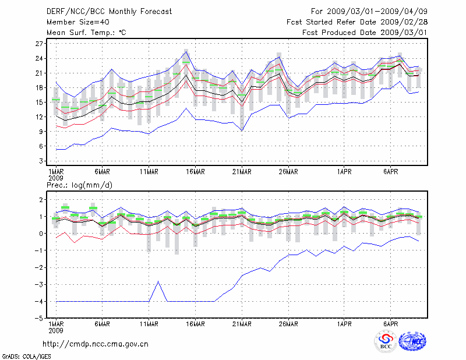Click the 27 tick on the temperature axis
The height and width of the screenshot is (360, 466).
click(40, 44)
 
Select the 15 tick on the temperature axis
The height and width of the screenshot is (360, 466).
click(40, 102)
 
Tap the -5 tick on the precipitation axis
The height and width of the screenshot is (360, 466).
click(40, 319)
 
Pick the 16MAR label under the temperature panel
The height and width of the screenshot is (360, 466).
click(195, 171)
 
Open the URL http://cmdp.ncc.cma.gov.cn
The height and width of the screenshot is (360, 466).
click(96, 344)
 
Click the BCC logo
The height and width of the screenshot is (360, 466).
click(386, 342)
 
